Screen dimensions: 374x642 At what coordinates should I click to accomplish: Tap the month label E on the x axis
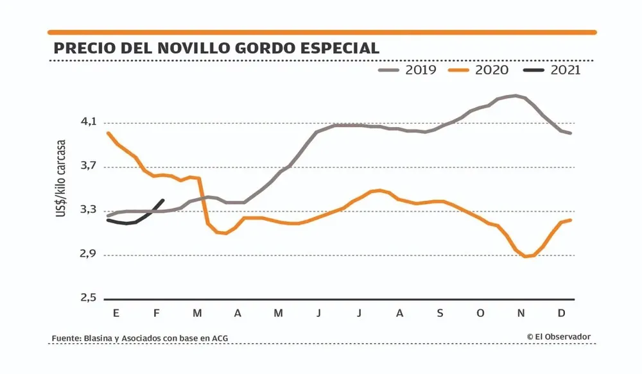116,314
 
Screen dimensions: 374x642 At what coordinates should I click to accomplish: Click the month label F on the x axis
157,314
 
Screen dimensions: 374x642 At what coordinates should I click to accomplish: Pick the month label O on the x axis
481,314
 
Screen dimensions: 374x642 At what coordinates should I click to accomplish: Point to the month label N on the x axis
521,314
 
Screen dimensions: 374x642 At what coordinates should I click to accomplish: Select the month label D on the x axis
562,314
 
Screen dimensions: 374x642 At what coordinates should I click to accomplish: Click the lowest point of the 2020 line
526,257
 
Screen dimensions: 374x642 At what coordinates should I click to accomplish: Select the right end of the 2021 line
163,200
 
